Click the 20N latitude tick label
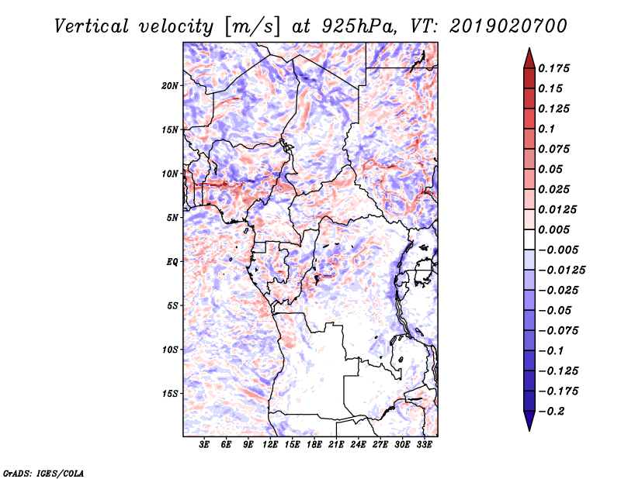170,85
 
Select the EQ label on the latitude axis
172,261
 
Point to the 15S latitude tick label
170,393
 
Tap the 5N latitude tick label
172,217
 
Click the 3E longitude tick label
205,445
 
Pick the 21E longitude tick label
336,445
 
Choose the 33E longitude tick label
424,445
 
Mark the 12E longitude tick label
270,445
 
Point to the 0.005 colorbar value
556,229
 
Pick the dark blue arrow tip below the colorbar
529,424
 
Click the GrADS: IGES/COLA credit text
43,472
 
